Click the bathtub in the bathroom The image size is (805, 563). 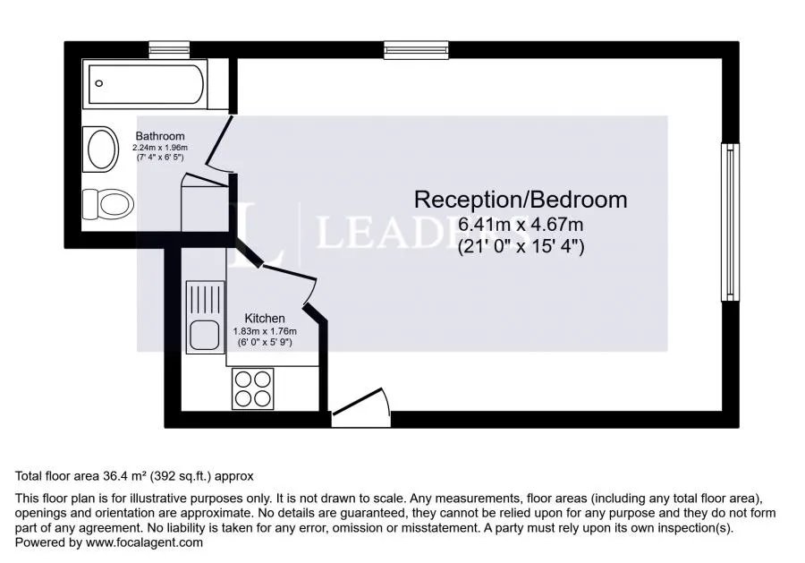145,84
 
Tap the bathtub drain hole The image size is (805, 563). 99,83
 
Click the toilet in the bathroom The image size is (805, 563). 108,204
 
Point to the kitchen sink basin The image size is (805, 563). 204,335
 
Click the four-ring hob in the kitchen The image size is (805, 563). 252,388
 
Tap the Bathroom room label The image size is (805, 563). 160,136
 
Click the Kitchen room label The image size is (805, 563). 265,319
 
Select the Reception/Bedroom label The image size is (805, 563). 521,200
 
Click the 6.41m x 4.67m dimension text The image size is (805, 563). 521,225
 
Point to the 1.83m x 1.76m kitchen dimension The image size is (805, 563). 265,332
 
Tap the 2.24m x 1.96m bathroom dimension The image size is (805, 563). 160,148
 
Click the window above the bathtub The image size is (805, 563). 169,50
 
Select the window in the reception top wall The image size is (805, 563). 416,50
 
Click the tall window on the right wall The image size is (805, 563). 730,222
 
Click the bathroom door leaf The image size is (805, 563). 219,141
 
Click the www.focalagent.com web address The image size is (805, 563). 144,542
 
